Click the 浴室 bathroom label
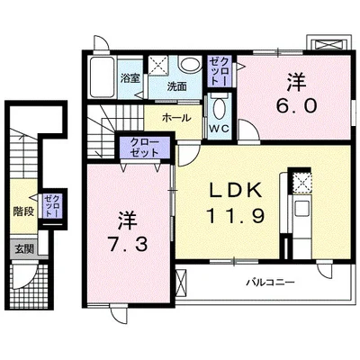[x=130, y=78]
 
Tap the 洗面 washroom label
[x=176, y=86]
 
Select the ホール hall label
[x=176, y=118]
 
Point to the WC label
[x=219, y=129]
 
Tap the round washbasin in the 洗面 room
[x=190, y=65]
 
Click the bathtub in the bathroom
[x=102, y=76]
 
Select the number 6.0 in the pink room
[x=296, y=105]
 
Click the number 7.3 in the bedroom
[x=128, y=245]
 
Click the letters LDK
[x=236, y=190]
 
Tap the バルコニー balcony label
[x=271, y=283]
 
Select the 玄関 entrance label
[x=24, y=248]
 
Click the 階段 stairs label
[x=22, y=211]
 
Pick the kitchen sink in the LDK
[x=301, y=208]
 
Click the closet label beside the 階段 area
[x=52, y=206]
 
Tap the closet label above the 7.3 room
[x=145, y=148]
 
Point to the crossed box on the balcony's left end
[x=181, y=282]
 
